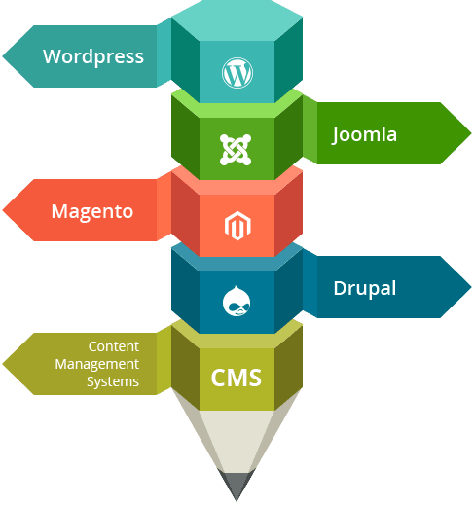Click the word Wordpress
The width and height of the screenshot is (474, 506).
click(93, 57)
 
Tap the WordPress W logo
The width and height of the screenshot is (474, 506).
click(237, 73)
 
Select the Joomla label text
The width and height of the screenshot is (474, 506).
click(365, 135)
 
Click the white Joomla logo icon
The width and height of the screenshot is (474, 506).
click(236, 150)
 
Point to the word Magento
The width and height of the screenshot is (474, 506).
click(92, 212)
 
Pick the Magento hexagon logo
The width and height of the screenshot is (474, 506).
click(237, 226)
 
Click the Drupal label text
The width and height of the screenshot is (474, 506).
click(365, 288)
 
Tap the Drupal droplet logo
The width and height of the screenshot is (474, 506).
click(237, 301)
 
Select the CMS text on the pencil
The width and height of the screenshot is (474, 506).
click(237, 378)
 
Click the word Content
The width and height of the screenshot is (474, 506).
click(114, 346)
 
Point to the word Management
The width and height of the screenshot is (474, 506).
click(97, 364)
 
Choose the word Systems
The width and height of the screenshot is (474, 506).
click(113, 381)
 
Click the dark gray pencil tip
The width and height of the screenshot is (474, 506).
click(237, 485)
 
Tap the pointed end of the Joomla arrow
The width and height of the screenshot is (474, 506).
click(471, 133)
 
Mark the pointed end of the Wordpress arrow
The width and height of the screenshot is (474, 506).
click(3, 56)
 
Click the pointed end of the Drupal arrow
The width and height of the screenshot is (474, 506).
click(471, 287)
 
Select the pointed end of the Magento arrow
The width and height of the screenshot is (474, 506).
click(3, 210)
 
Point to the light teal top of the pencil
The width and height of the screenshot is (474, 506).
click(237, 20)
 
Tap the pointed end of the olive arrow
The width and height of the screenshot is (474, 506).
click(3, 364)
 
